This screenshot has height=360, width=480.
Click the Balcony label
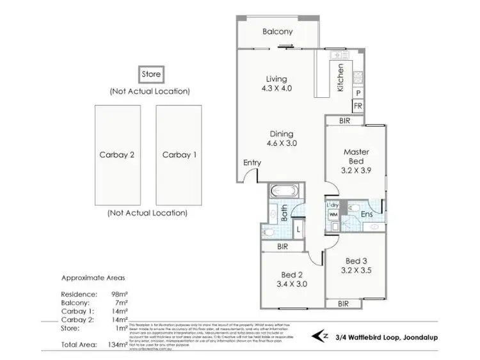277,31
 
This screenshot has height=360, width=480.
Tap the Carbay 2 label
116,154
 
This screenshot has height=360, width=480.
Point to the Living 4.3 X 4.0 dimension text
277,89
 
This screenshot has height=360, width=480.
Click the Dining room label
281,134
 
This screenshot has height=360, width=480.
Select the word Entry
252,163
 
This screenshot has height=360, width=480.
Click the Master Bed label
357,157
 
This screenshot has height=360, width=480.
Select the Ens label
366,215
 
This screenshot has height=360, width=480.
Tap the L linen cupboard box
298,228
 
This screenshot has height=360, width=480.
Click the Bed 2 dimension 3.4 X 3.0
291,285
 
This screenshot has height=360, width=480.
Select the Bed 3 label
356,261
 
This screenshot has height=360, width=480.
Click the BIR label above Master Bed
344,120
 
